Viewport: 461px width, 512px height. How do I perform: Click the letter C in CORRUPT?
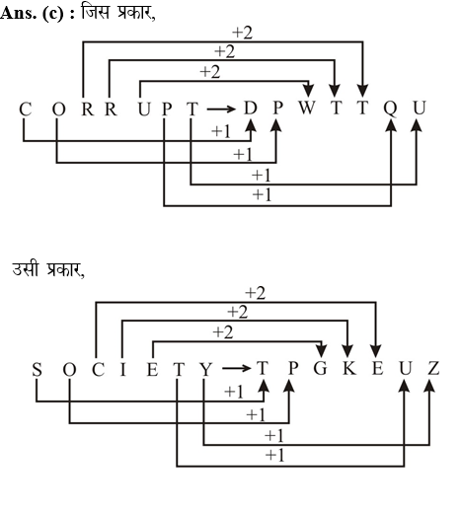[26, 110]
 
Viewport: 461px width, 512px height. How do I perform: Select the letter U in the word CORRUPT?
[144, 110]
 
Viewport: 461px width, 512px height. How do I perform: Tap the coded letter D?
[250, 108]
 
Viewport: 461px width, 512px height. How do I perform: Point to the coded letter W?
[307, 108]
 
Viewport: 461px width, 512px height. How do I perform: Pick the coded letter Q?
[390, 109]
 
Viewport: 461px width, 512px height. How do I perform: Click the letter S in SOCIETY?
[37, 369]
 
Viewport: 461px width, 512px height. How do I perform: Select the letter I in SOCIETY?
[122, 369]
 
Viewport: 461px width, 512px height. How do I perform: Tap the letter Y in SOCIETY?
[206, 369]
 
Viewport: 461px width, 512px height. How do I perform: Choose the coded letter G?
[320, 368]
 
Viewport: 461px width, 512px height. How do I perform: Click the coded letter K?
[349, 368]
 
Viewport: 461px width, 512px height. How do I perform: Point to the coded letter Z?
[433, 368]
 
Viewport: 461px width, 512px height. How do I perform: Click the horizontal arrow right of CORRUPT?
[221, 109]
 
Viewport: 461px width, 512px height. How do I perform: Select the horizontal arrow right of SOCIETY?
[237, 368]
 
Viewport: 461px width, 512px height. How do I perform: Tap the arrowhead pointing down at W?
[308, 91]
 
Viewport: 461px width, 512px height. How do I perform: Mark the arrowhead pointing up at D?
[251, 125]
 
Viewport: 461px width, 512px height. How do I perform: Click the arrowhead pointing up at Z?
[429, 386]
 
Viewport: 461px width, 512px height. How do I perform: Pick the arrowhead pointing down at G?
[322, 351]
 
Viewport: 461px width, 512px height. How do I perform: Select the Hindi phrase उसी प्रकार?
[48, 269]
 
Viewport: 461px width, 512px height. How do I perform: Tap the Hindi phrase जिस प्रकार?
[117, 14]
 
